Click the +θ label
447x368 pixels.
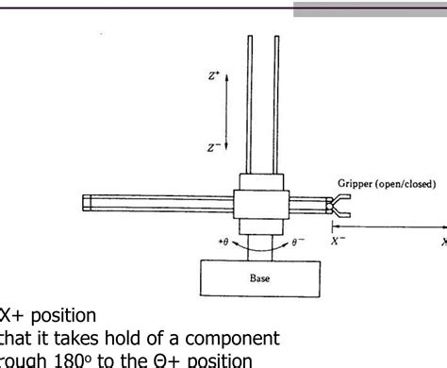[223, 243]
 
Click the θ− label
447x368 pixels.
[299, 243]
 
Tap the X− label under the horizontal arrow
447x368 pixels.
[337, 241]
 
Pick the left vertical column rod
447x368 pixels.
[251, 104]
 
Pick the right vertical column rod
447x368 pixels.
[277, 104]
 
